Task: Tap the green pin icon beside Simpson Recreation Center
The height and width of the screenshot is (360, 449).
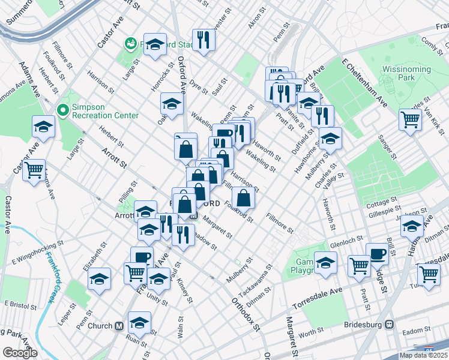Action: (x=61, y=110)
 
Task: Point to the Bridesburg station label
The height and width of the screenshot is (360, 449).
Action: (x=364, y=325)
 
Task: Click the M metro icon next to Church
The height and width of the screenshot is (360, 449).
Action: (x=119, y=326)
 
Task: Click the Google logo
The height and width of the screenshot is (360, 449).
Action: (x=20, y=353)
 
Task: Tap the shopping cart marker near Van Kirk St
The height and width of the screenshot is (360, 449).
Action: (x=410, y=119)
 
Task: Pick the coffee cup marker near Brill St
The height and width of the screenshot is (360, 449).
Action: (x=377, y=253)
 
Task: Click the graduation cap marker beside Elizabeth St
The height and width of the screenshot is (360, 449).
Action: (x=99, y=278)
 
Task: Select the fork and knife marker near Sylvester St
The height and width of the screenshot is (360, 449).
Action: (x=203, y=40)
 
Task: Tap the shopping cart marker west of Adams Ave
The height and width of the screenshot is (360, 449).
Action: (x=34, y=170)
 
